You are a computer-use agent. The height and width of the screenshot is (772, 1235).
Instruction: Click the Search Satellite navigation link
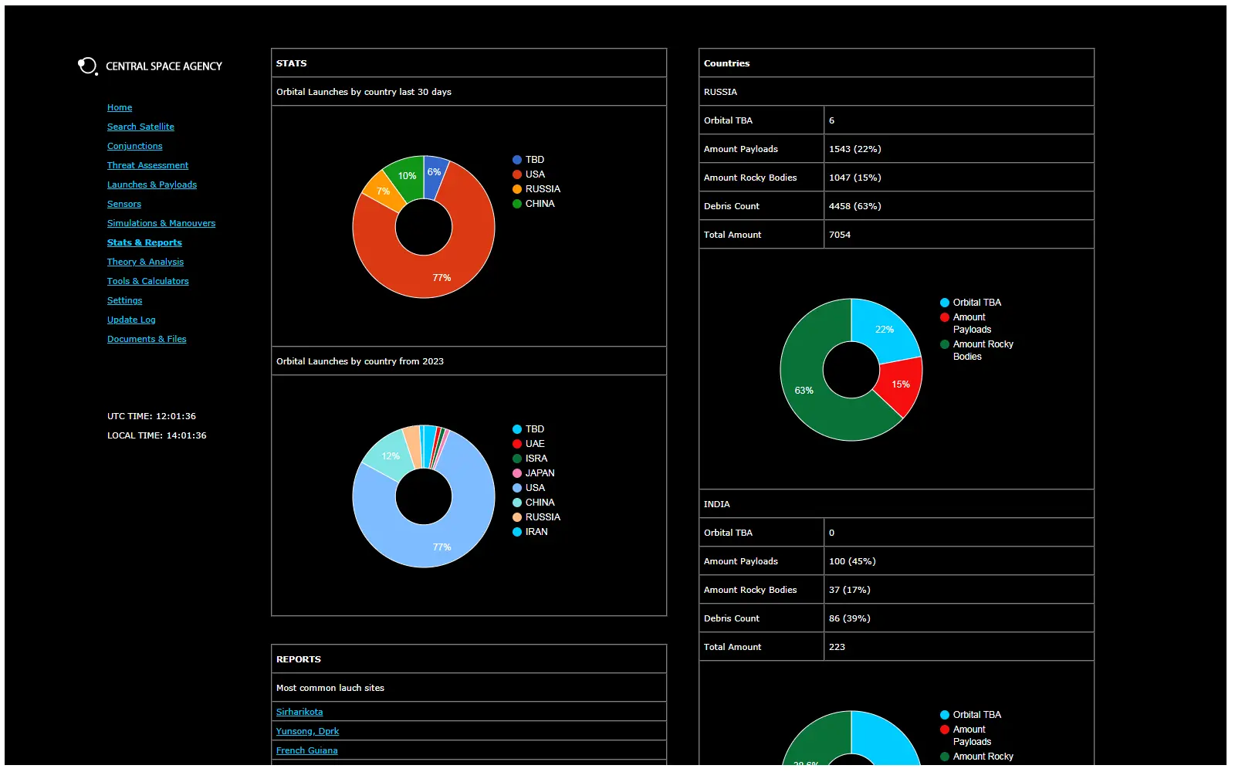coord(140,127)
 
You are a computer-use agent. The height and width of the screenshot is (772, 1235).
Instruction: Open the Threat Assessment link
coord(147,165)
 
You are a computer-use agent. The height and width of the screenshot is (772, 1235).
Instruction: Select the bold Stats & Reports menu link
coord(144,242)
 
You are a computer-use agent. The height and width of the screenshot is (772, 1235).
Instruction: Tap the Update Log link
coord(131,320)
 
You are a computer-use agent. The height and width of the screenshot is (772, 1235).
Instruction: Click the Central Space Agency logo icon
coord(87,66)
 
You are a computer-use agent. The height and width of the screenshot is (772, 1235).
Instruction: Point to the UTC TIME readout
coord(151,416)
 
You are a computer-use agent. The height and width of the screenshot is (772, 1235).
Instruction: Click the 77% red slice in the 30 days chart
coord(442,270)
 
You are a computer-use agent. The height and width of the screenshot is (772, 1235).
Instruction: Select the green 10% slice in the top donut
coord(405,176)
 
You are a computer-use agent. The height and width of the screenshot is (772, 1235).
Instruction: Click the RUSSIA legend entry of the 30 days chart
coord(542,189)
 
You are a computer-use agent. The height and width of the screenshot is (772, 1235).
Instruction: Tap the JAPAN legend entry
coord(540,473)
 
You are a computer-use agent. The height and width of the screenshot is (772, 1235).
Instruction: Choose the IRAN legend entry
coord(536,532)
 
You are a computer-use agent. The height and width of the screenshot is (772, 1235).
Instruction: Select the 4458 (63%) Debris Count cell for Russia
coord(854,206)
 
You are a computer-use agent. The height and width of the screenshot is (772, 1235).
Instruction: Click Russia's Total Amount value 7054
coord(840,235)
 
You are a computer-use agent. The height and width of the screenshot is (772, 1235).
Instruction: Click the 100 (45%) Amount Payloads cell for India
coord(852,561)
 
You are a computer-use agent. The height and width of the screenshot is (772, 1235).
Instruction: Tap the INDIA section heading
coord(716,504)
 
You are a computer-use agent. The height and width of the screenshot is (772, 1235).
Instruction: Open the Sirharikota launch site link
coord(299,712)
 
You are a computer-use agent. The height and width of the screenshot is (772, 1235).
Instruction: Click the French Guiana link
coord(306,750)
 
